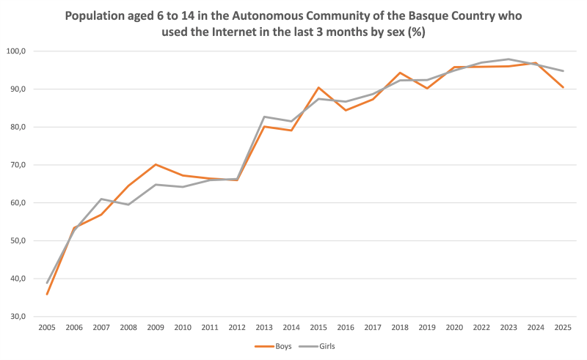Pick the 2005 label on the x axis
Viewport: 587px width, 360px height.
[x=48, y=327]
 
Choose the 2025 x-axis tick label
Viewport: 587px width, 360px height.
[x=562, y=327]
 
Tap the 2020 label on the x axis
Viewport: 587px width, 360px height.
[x=455, y=327]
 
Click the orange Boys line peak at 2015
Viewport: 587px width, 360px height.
[x=319, y=87]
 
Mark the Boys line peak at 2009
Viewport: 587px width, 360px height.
[x=156, y=164]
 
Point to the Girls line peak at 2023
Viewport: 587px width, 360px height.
[x=508, y=59]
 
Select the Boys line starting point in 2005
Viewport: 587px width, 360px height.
[x=48, y=294]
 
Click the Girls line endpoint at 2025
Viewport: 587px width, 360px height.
[x=562, y=71]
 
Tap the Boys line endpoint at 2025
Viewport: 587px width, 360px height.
[x=562, y=87]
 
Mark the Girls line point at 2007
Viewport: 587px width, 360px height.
[x=101, y=199]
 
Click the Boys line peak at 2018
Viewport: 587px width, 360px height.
[x=399, y=73]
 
